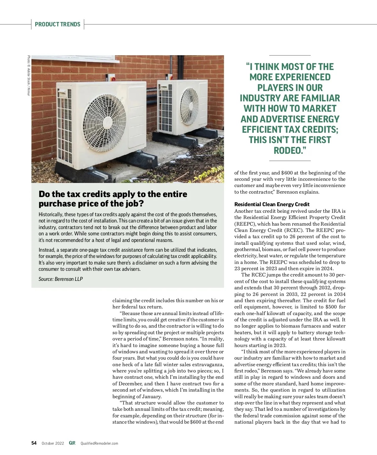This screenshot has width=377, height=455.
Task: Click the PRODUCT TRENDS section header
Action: (57, 24)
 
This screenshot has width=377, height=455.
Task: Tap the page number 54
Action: (34, 443)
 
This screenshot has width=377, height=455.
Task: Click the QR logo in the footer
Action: (72, 443)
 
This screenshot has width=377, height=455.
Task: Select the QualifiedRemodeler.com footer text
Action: (99, 443)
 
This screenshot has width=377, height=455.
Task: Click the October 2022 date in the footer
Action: (53, 443)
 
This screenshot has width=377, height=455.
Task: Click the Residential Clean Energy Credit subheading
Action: (272, 204)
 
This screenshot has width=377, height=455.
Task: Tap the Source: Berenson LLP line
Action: (61, 279)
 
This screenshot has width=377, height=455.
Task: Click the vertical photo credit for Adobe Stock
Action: (29, 75)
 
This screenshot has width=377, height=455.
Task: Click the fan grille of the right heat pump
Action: (189, 106)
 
